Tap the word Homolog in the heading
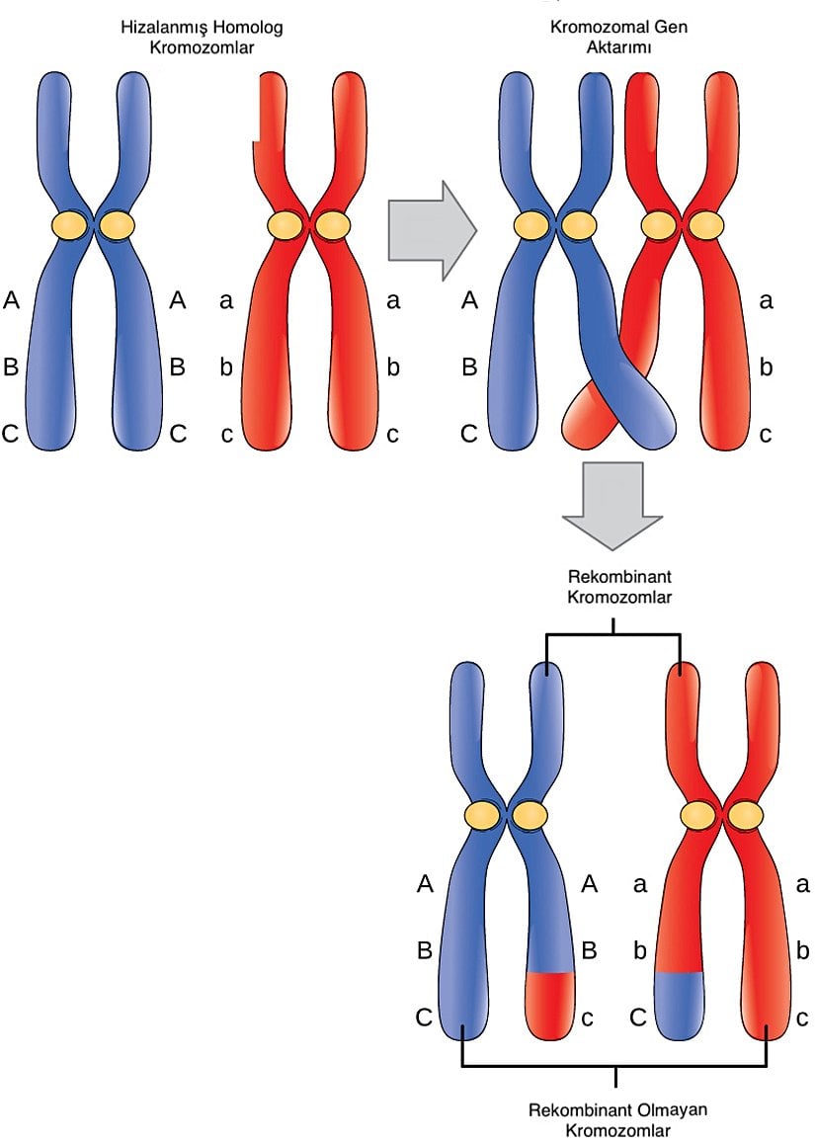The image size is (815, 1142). coord(248,28)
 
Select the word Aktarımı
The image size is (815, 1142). coord(618,47)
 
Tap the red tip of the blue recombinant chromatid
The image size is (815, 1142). coord(550,1004)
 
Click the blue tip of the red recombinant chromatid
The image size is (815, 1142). coord(679,1004)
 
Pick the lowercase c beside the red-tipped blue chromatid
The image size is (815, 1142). coord(587,1018)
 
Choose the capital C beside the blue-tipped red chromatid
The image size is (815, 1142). coord(639,1018)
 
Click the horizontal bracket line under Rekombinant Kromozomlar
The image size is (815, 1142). coord(614,635)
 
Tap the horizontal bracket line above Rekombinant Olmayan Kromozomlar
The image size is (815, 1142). coord(614,1066)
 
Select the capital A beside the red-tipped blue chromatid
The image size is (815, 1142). coord(590,884)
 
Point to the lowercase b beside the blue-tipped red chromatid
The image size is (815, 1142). coord(640,951)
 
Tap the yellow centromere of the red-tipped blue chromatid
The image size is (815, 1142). coord(530,815)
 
